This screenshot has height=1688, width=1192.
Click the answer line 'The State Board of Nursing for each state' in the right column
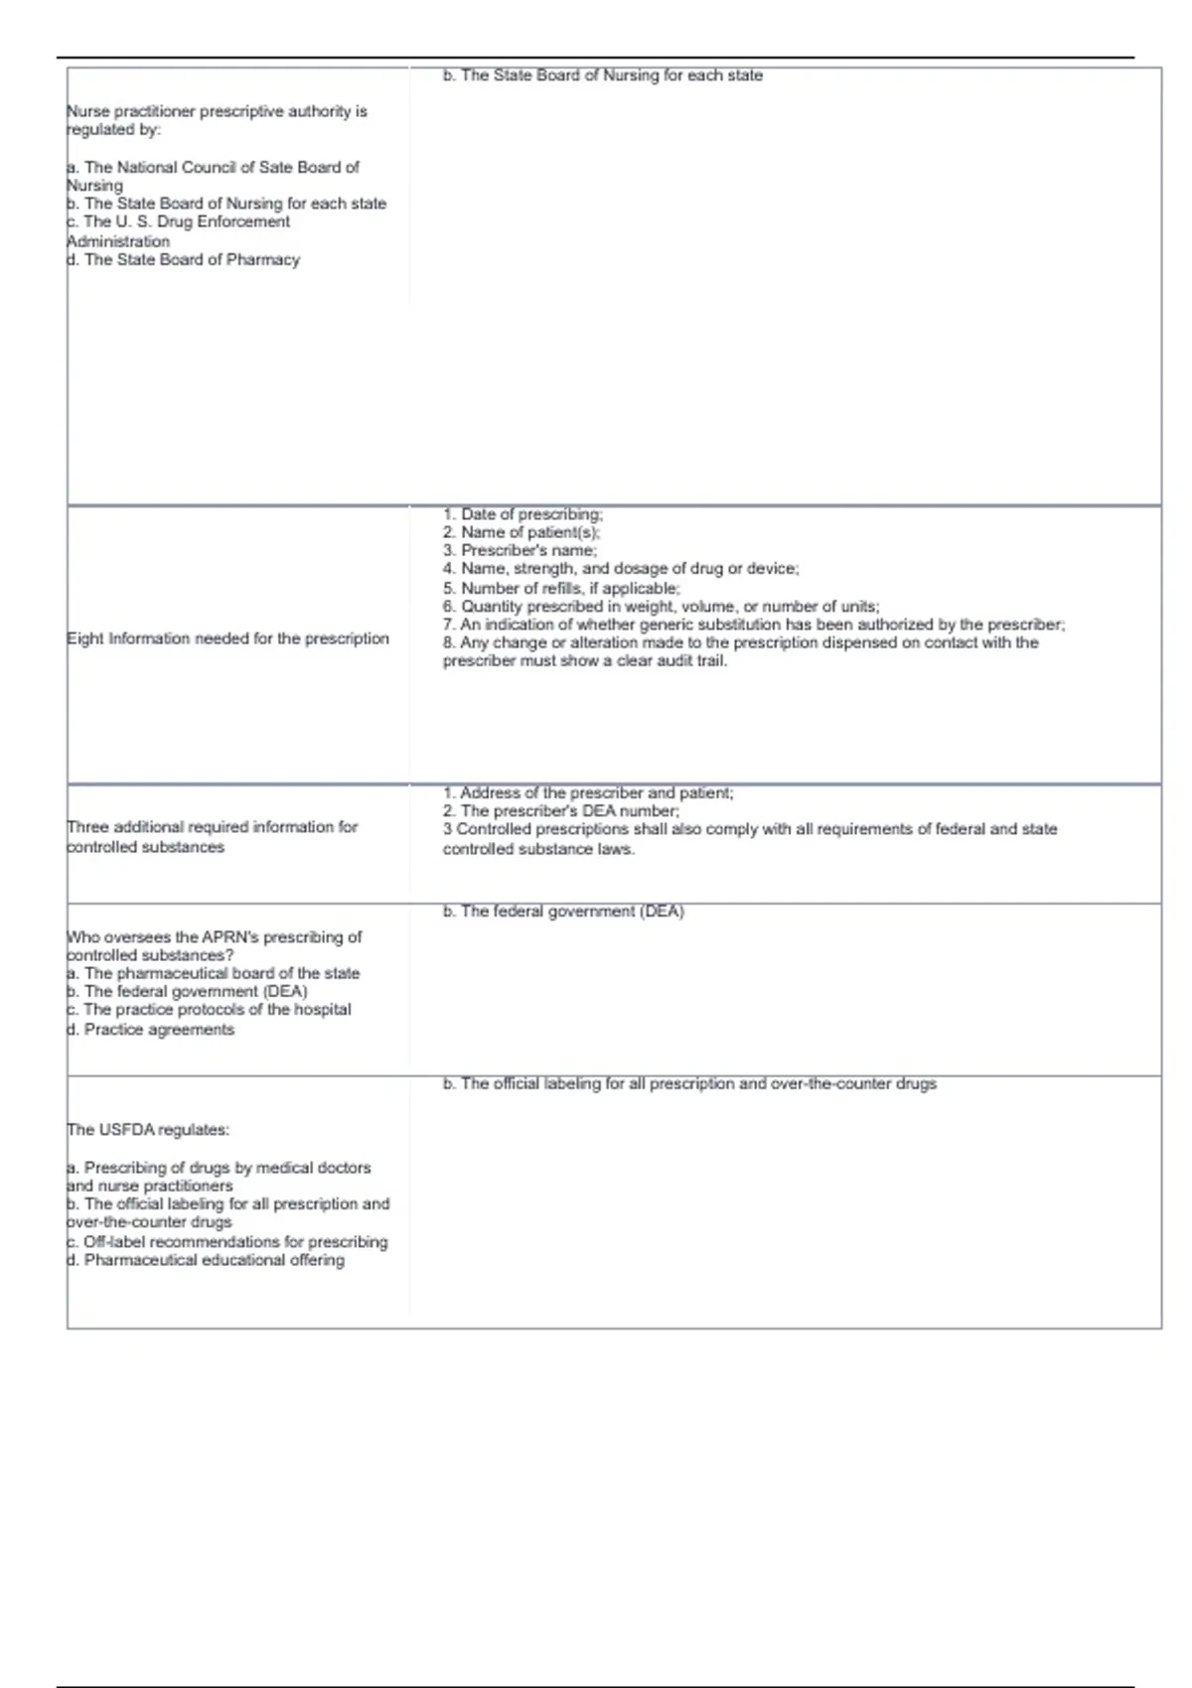tap(602, 75)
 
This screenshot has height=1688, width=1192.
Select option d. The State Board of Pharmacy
tap(183, 260)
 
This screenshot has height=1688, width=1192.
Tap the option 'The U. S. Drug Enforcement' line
tap(179, 222)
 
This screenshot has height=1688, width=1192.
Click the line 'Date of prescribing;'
tap(522, 514)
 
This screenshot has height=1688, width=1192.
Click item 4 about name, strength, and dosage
tap(621, 569)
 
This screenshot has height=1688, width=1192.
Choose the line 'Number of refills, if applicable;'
tap(561, 588)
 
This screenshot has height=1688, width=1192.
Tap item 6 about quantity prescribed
tap(661, 606)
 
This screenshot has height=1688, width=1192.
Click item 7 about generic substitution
tap(754, 625)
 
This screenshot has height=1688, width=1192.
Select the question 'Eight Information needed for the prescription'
tap(227, 638)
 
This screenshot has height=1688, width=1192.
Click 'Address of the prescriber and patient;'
tap(588, 793)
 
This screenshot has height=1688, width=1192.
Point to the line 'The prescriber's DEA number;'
tap(561, 811)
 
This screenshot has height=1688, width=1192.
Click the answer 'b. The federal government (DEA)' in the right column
tap(563, 912)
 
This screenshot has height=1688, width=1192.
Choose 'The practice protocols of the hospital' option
tap(209, 1010)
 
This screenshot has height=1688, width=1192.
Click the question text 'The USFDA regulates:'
tap(148, 1130)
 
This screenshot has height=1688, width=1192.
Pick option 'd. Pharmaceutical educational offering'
tap(206, 1260)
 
